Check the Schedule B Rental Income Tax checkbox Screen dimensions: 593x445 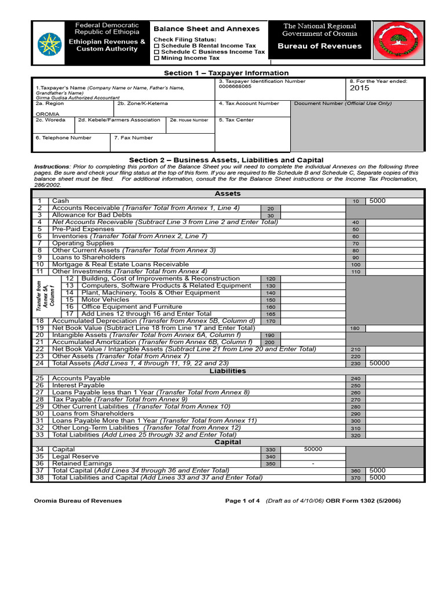click(156, 45)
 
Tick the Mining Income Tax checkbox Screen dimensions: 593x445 click(156, 58)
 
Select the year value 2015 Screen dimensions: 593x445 click(360, 89)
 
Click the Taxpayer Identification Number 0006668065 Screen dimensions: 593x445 click(235, 87)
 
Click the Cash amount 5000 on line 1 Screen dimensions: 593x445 click(377, 201)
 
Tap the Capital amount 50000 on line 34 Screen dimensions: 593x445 click(313, 449)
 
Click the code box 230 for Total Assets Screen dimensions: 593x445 click(355, 364)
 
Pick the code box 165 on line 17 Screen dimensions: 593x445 click(270, 314)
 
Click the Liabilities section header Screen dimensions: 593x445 click(228, 371)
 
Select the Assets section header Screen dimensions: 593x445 click(228, 193)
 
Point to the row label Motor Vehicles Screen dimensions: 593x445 click(105, 299)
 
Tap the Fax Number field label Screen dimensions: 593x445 click(133, 138)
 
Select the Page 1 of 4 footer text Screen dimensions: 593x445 click(242, 501)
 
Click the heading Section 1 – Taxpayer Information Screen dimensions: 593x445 click(226, 73)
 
